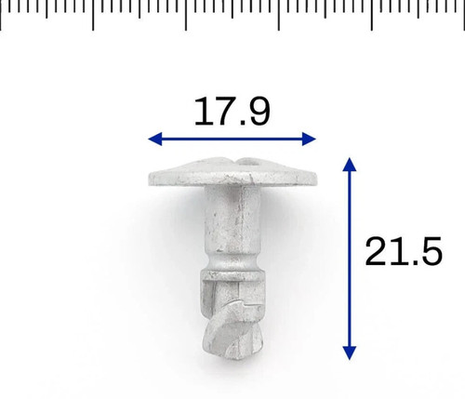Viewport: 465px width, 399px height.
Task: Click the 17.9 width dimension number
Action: click(x=232, y=111)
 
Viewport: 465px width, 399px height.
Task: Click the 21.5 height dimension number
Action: click(x=404, y=251)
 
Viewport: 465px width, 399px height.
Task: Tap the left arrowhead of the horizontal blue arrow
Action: click(x=155, y=139)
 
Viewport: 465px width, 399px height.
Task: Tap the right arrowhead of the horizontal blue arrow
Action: click(x=309, y=139)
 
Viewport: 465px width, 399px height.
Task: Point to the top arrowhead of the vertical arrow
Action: click(x=350, y=165)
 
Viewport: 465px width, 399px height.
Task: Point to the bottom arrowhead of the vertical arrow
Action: click(x=350, y=353)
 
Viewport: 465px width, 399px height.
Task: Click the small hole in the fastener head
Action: click(x=250, y=162)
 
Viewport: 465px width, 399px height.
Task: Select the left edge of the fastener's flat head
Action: click(x=150, y=180)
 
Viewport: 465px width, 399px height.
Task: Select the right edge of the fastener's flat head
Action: click(x=317, y=180)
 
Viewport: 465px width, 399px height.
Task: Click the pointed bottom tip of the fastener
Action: click(x=238, y=358)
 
